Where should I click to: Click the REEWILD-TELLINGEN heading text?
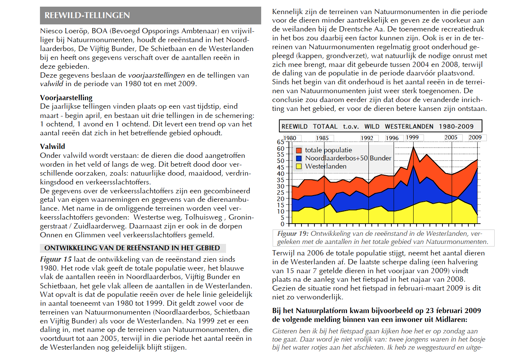[x=87, y=15]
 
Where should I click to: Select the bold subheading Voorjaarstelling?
[x=66, y=98]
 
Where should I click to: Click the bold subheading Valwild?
[x=53, y=146]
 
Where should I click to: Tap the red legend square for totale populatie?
[x=299, y=150]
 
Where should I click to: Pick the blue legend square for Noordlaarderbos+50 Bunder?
[x=299, y=158]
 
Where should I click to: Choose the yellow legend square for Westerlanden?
[x=299, y=166]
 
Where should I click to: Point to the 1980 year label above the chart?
[x=290, y=138]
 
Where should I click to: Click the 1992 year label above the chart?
[x=367, y=138]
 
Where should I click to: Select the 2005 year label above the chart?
[x=451, y=137]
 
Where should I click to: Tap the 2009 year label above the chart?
[x=475, y=137]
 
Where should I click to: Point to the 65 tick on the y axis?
[x=280, y=142]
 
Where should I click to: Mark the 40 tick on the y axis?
[x=280, y=173]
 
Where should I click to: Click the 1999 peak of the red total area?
[x=413, y=147]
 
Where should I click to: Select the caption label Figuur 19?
[x=293, y=234]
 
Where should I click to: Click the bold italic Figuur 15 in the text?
[x=56, y=259]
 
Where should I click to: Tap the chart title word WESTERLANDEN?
[x=409, y=127]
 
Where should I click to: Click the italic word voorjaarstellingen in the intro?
[x=156, y=75]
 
